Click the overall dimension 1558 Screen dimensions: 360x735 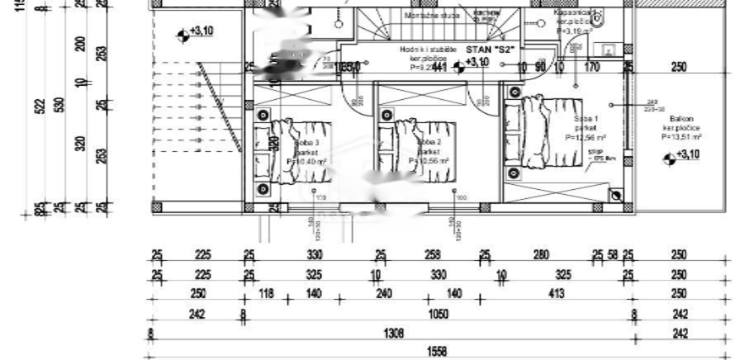tap(436, 352)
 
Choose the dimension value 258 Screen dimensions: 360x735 tap(433, 256)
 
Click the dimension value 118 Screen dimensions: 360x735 tap(266, 295)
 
